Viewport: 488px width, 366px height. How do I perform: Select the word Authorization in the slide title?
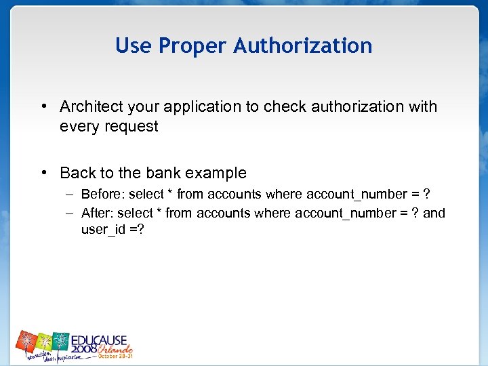point(303,45)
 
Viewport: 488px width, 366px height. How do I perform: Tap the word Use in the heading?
point(133,45)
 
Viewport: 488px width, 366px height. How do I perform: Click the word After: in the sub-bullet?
point(97,213)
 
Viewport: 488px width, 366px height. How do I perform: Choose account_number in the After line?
point(348,213)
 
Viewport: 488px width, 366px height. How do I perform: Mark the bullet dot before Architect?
point(43,106)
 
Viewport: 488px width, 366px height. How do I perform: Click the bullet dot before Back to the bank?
point(43,173)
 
